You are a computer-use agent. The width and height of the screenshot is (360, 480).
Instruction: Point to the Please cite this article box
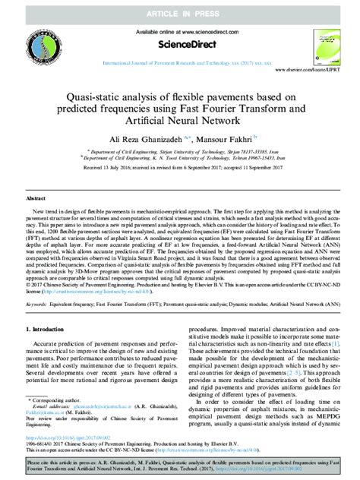pyautogui.click(x=180, y=465)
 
